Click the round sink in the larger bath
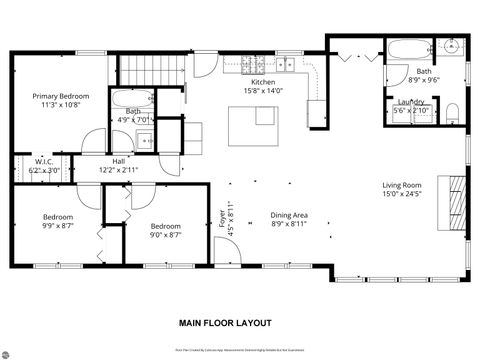450,46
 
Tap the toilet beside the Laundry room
451,109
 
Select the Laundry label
411,102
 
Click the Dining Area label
289,216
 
